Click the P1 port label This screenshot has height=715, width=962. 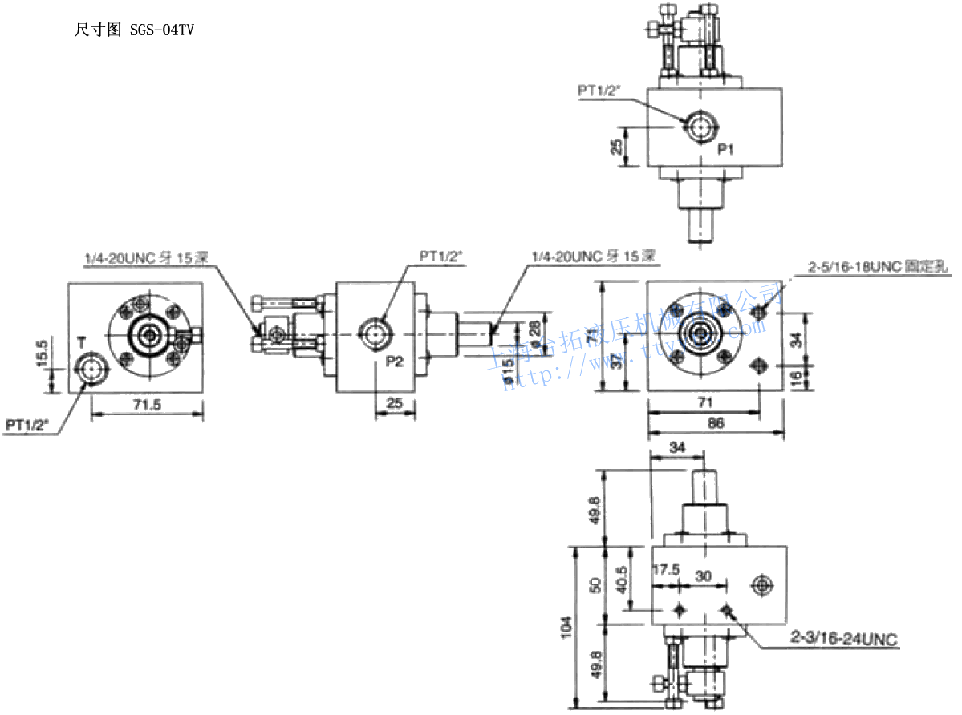(x=726, y=149)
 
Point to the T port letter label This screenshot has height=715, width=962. (x=81, y=343)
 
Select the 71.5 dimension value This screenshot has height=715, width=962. (x=147, y=405)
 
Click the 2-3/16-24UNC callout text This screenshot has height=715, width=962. (x=843, y=639)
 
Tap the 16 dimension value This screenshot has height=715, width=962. (x=796, y=377)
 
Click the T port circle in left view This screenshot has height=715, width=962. (x=88, y=370)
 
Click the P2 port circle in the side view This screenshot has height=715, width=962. (x=375, y=332)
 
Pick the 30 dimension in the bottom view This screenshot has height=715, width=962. (x=704, y=576)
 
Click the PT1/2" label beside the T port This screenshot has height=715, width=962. (x=30, y=425)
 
